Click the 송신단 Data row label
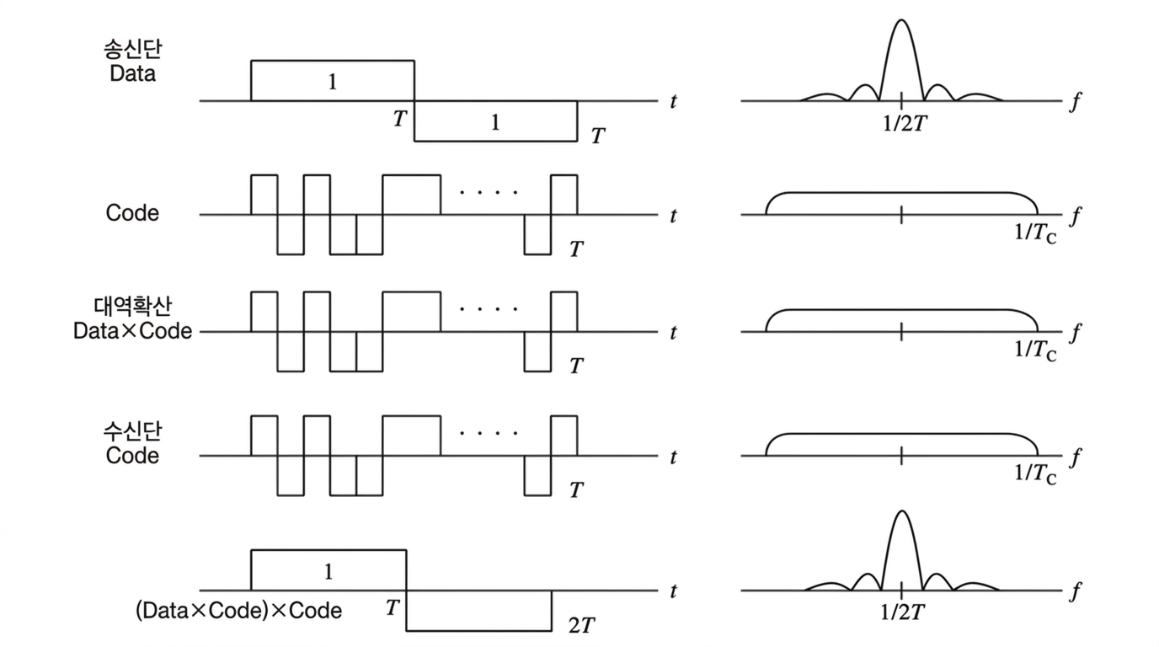(133, 61)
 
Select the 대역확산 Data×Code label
(132, 318)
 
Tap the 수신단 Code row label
(133, 443)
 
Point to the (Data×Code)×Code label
(238, 610)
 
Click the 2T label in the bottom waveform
(582, 626)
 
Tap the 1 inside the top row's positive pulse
(332, 82)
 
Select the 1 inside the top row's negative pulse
(495, 122)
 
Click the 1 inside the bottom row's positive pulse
(328, 572)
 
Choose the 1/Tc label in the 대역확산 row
(1035, 350)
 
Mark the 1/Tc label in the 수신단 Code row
(1035, 474)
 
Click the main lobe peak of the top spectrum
(901, 20)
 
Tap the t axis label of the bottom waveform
(673, 591)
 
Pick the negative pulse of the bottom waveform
(478, 610)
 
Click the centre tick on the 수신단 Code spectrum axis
(901, 456)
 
